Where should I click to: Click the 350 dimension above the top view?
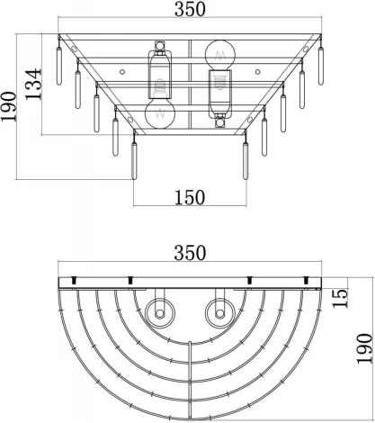[190, 9]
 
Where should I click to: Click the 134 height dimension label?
[33, 85]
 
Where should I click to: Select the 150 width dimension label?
[190, 197]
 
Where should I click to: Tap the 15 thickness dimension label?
[340, 298]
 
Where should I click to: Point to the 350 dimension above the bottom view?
[190, 253]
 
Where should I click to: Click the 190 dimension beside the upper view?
[8, 107]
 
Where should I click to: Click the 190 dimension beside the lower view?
[364, 348]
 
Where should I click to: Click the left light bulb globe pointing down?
[160, 113]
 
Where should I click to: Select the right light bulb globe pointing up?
[220, 55]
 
